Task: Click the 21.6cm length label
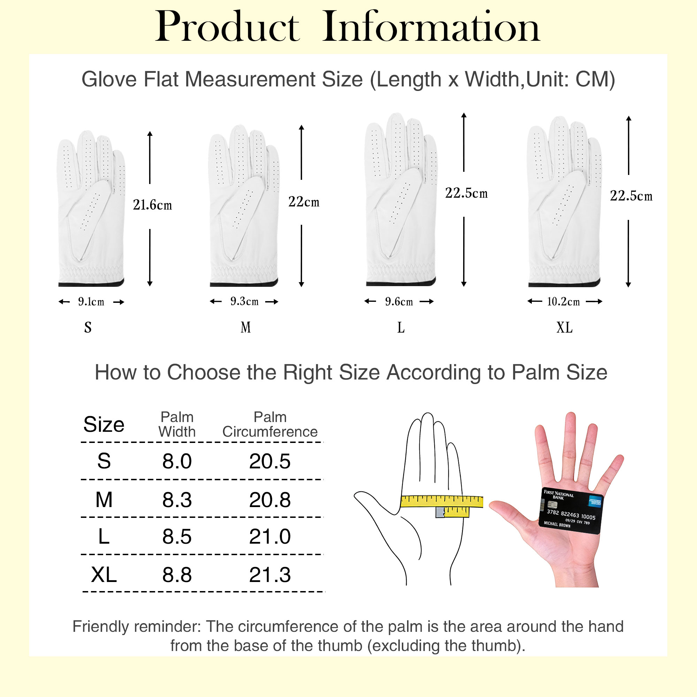(152, 205)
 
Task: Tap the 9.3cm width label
(244, 301)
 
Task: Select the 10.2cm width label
(563, 301)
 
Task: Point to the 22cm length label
(304, 202)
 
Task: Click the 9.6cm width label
(399, 301)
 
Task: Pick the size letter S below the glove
(88, 327)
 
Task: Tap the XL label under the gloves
(564, 327)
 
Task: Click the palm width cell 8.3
(177, 500)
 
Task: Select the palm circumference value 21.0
(270, 536)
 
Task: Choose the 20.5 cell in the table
(270, 461)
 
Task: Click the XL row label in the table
(104, 574)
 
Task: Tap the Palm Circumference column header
(270, 424)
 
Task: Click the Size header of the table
(104, 424)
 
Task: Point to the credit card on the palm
(571, 511)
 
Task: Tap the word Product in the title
(227, 27)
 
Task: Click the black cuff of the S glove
(91, 283)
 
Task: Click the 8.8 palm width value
(177, 574)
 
